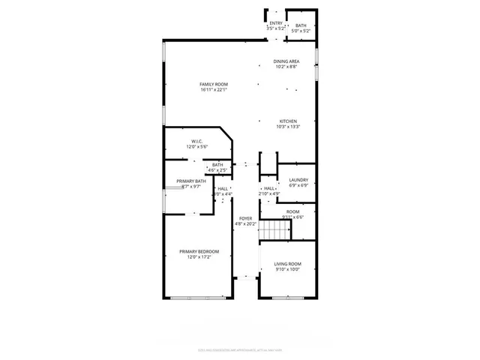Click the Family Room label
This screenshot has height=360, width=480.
tap(214, 84)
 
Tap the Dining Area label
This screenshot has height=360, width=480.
tap(286, 61)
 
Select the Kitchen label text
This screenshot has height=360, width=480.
tap(289, 121)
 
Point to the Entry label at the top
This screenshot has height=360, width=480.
tap(276, 23)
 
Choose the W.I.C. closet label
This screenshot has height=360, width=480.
tap(196, 141)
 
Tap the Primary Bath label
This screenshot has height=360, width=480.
tap(191, 181)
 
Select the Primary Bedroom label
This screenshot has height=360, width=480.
tap(199, 251)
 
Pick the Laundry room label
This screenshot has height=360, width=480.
tap(298, 180)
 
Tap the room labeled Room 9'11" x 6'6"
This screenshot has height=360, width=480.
tap(292, 214)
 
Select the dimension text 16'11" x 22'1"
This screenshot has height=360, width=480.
tap(214, 90)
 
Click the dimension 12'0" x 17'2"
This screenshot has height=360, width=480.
tap(199, 257)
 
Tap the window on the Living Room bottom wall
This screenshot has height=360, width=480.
tap(286, 298)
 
